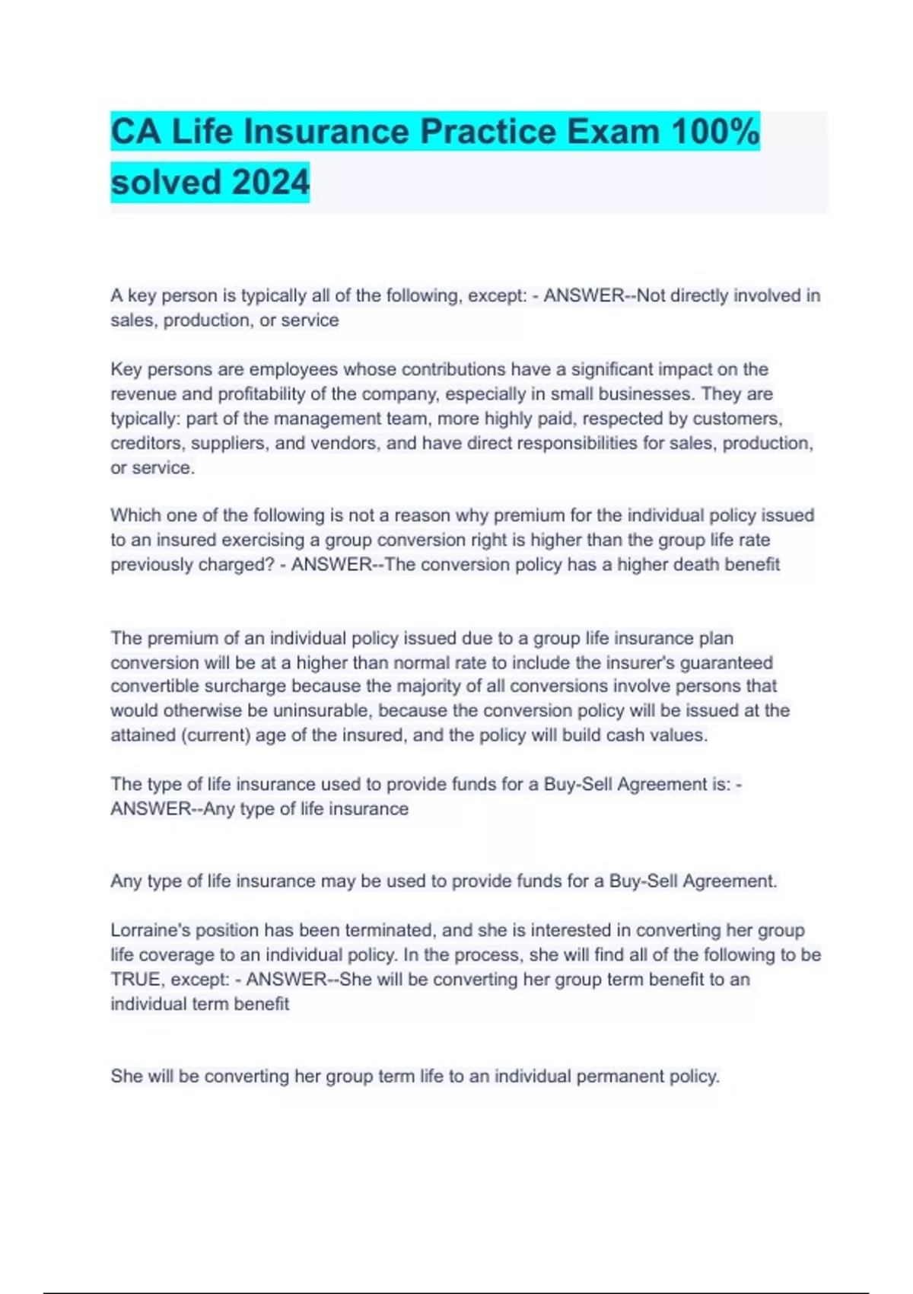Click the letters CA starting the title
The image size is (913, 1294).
(x=136, y=132)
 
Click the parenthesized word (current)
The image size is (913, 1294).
(x=216, y=735)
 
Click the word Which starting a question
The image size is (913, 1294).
(x=136, y=515)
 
